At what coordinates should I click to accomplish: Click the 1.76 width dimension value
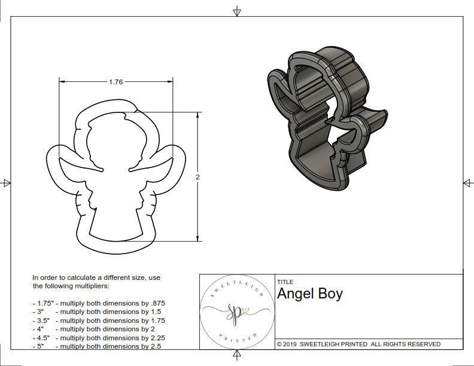[116, 82]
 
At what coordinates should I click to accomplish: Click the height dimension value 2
[198, 177]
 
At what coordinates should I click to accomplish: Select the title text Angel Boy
[309, 294]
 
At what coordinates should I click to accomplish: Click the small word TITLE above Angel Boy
[284, 282]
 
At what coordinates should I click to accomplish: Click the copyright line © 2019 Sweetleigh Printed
[358, 344]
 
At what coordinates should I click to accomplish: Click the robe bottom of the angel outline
[116, 224]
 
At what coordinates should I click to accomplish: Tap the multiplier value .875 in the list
[157, 303]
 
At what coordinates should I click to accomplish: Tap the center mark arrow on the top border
[237, 10]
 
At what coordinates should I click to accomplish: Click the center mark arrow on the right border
[468, 183]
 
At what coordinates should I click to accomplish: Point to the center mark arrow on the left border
[6, 183]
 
